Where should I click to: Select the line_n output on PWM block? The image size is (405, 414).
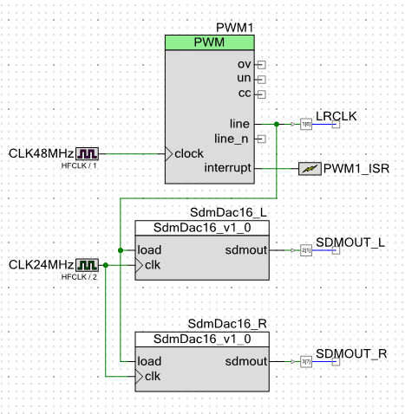click(x=232, y=139)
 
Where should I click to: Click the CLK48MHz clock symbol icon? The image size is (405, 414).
click(x=88, y=153)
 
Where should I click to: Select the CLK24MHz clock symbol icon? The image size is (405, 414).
click(x=88, y=264)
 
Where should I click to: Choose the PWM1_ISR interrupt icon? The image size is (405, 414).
click(x=309, y=168)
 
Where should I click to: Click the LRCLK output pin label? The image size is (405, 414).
click(x=336, y=115)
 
